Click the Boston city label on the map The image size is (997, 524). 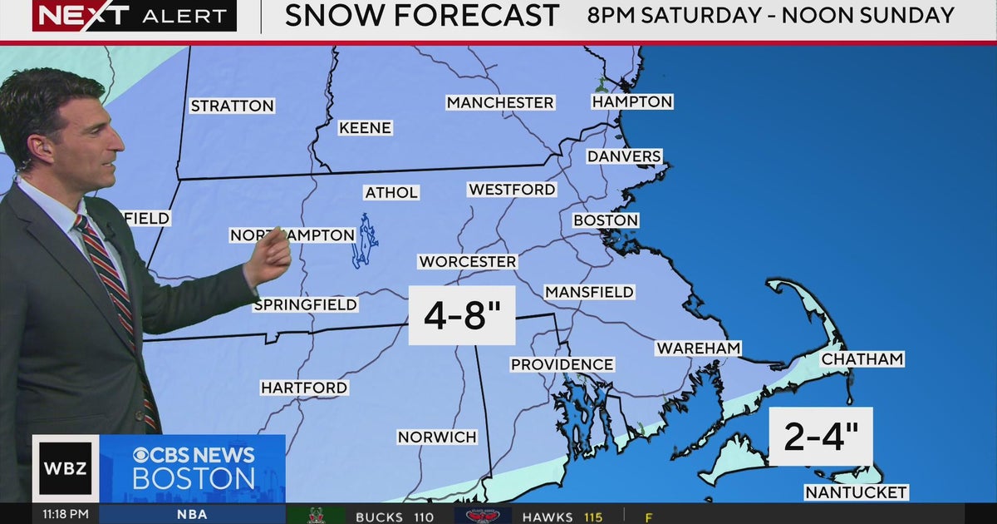(x=606, y=220)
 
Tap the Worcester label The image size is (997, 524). (x=468, y=261)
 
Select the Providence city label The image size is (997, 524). (x=562, y=364)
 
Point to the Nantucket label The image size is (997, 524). (x=856, y=492)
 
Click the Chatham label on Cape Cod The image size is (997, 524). (x=862, y=359)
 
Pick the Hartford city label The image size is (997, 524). (x=304, y=388)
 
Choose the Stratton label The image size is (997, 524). (x=232, y=106)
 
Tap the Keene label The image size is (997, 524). (x=365, y=128)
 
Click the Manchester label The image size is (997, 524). (x=500, y=102)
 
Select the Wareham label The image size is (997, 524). (x=698, y=349)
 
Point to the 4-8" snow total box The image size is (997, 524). (x=462, y=315)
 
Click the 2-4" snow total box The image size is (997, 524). (x=820, y=437)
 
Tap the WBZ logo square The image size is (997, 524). (x=66, y=467)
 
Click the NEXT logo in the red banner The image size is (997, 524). (x=81, y=15)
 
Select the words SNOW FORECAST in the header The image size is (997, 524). (x=422, y=16)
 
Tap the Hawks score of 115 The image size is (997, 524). (x=592, y=517)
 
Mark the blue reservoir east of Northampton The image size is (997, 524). (x=364, y=241)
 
